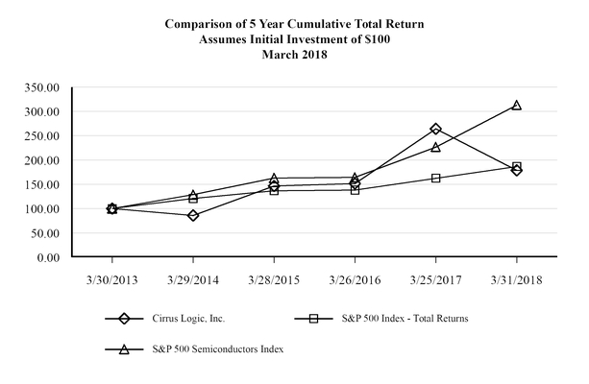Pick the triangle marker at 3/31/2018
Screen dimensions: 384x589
[517, 106]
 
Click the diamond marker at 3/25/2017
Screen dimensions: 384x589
[436, 129]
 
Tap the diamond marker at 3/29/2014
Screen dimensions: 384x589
[193, 215]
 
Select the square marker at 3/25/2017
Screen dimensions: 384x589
[436, 178]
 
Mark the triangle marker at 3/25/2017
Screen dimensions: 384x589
[436, 147]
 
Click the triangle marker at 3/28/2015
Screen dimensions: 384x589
[274, 179]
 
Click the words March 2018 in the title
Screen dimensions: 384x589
[294, 55]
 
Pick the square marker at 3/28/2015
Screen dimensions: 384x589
[274, 190]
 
